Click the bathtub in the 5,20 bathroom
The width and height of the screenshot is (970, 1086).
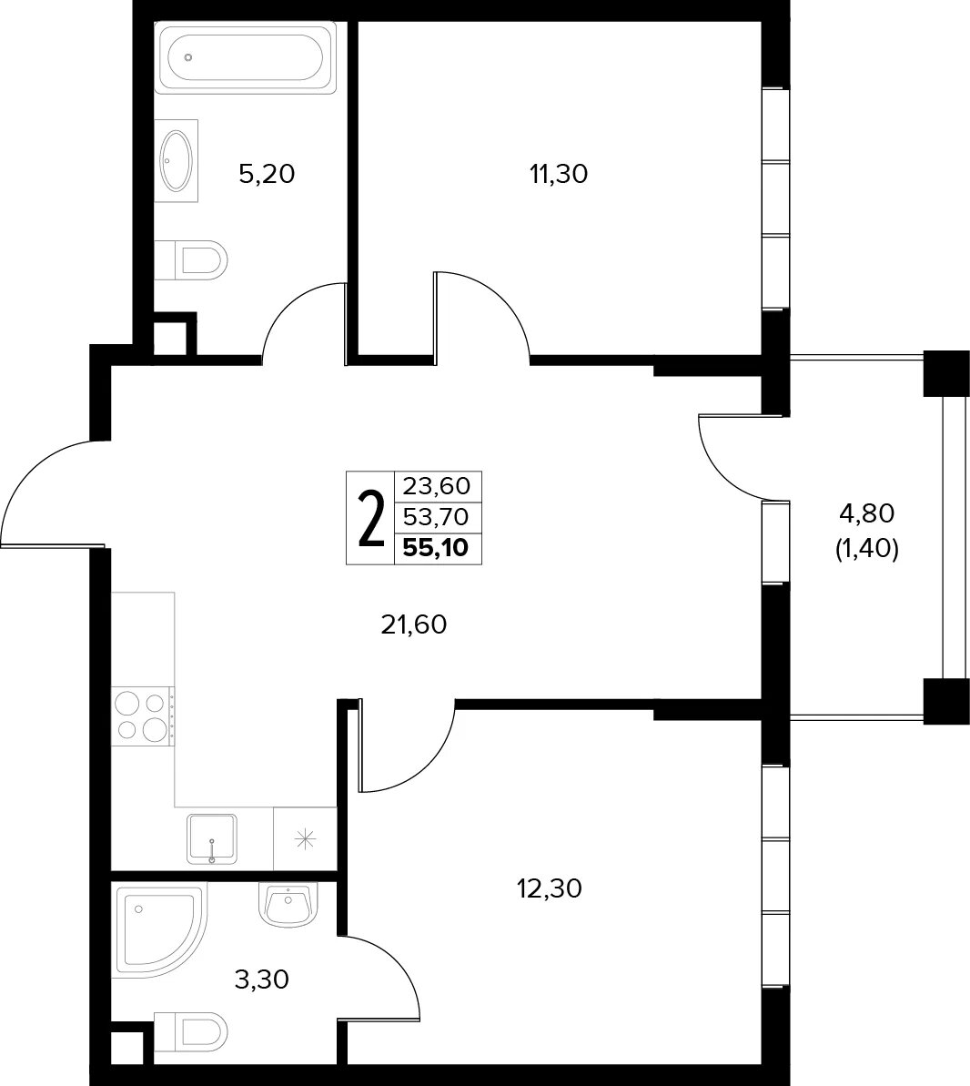click(245, 57)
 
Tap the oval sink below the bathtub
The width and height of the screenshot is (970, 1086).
click(177, 161)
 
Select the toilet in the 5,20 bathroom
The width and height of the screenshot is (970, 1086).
click(190, 260)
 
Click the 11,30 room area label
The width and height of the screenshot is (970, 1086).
click(559, 175)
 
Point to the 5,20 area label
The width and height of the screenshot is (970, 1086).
click(267, 175)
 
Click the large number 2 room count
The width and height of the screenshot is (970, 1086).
click(371, 518)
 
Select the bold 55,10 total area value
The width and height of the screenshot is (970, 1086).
click(436, 548)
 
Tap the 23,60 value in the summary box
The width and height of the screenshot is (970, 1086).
click(436, 486)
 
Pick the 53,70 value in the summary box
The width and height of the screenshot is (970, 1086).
click(436, 517)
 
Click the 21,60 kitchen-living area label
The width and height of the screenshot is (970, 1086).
click(414, 625)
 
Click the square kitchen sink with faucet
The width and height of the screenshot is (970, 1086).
click(212, 838)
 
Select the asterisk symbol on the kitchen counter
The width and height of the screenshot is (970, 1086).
click(305, 839)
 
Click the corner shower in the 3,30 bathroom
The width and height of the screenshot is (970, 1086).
click(161, 929)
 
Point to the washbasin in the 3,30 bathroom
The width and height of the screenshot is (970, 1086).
click(288, 905)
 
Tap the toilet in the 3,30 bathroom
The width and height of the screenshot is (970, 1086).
click(190, 1030)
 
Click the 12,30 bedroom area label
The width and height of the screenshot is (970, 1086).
click(550, 888)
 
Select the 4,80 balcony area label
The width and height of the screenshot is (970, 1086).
click(867, 514)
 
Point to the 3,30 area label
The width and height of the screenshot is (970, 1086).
click(262, 980)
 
